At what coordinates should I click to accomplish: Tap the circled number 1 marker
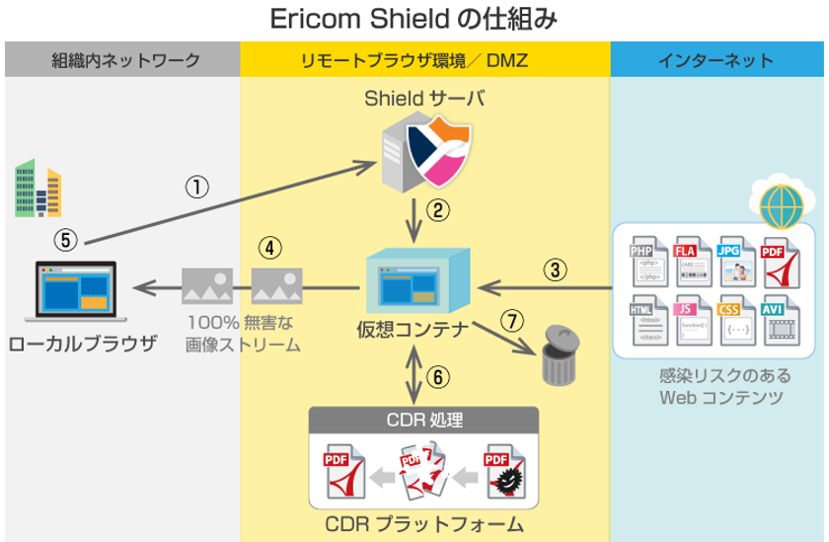pos(198,187)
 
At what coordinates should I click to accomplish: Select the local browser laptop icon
pos(75,293)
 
